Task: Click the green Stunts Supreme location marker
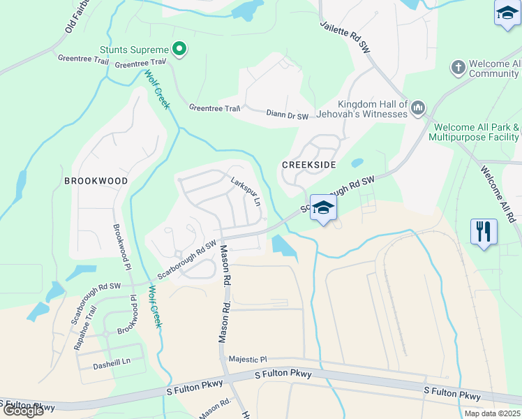click(179, 49)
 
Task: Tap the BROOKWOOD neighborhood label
click(96, 181)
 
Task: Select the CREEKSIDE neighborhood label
click(308, 165)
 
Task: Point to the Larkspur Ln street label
click(246, 191)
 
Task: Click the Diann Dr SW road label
click(287, 114)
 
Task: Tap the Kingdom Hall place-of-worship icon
click(418, 108)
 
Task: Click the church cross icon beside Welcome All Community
click(458, 68)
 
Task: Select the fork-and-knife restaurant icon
click(484, 230)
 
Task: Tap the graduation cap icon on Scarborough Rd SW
click(323, 207)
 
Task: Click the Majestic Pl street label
click(248, 359)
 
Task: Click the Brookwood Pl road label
click(121, 247)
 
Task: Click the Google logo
click(22, 410)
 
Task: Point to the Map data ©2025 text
click(492, 413)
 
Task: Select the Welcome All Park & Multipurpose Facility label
click(476, 133)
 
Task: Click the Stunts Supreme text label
click(134, 50)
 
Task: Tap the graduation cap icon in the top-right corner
click(507, 13)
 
